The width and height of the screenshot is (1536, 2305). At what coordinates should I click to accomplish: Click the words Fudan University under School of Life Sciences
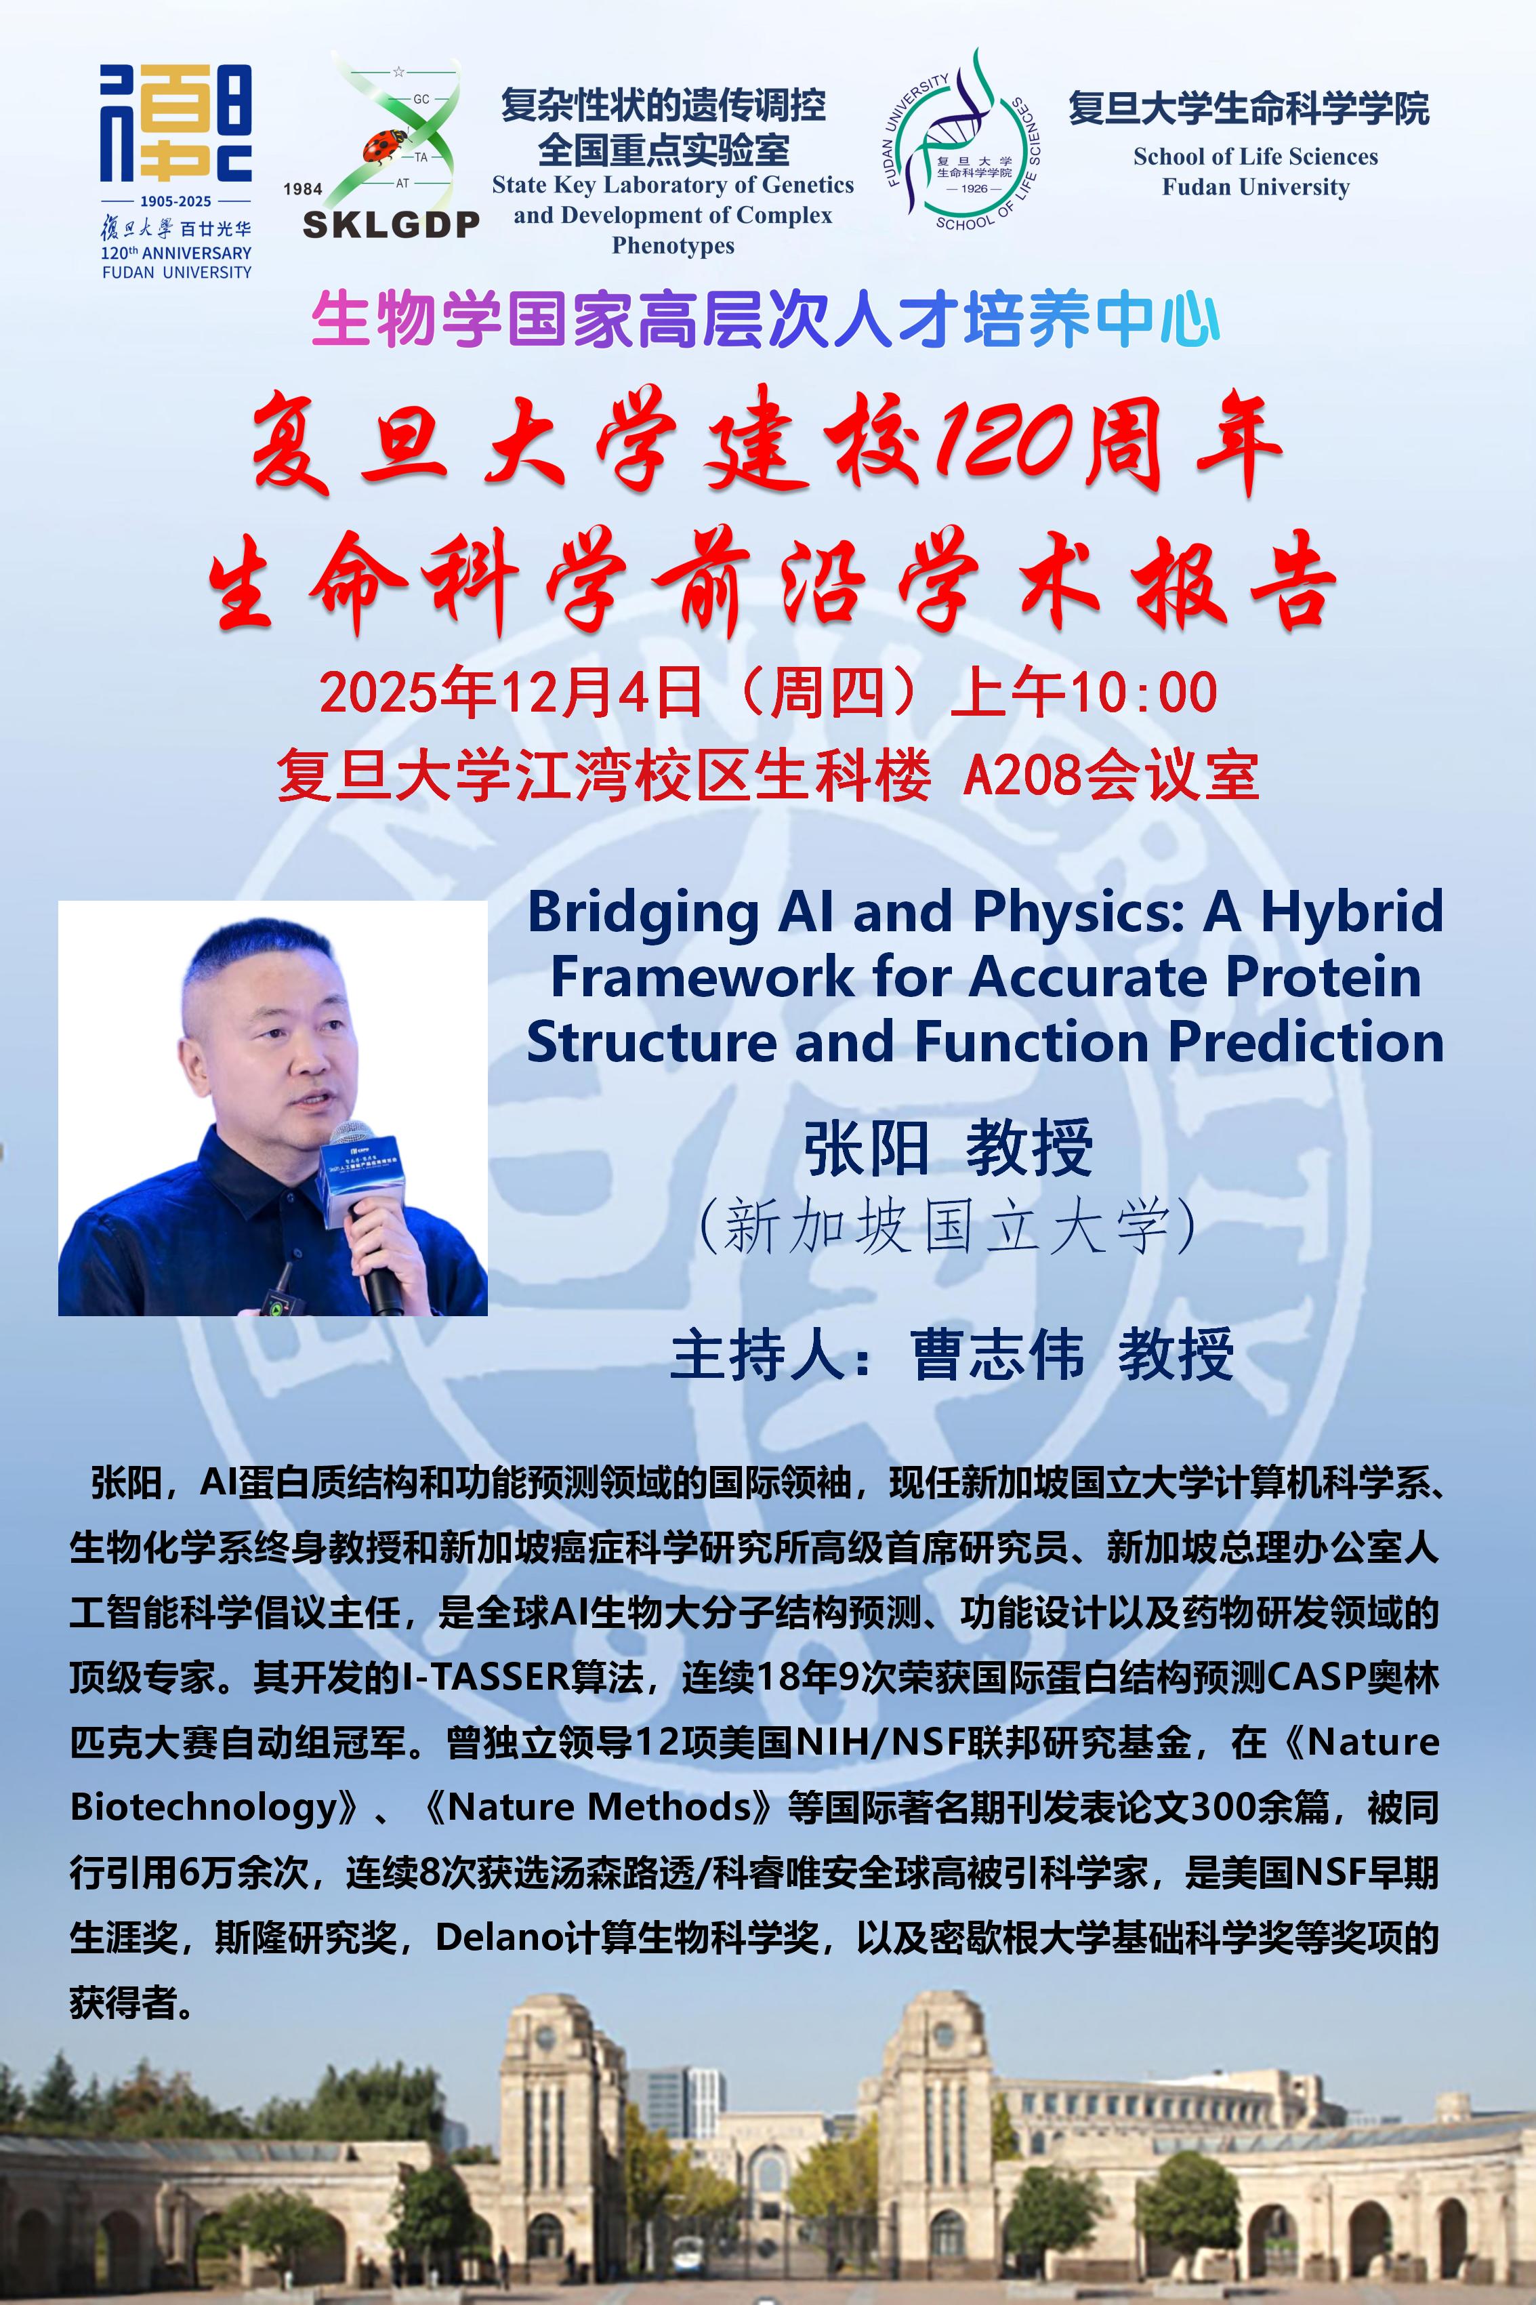click(1256, 187)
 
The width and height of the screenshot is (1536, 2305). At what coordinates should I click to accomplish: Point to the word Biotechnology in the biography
click(203, 1806)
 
